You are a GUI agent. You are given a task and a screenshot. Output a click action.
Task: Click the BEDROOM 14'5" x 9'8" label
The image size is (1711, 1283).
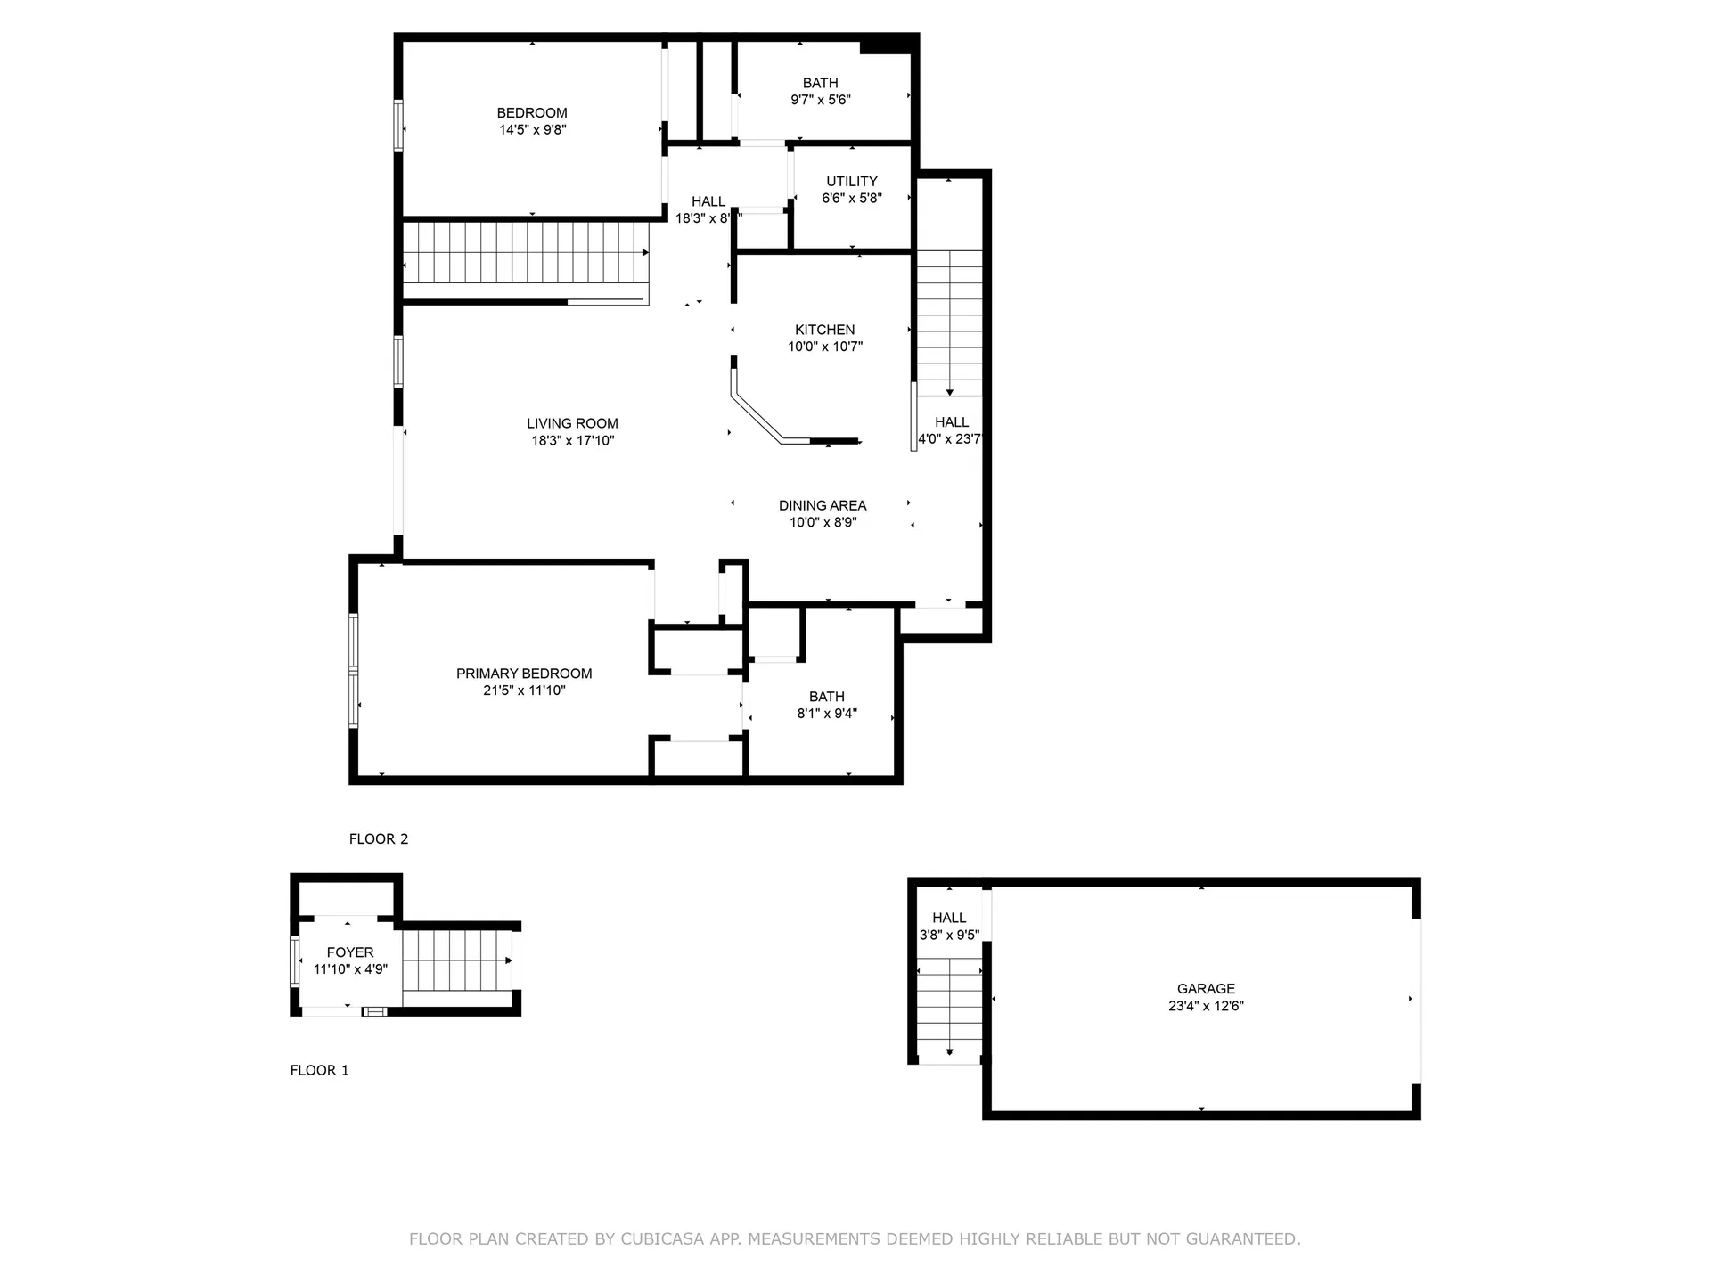tap(532, 121)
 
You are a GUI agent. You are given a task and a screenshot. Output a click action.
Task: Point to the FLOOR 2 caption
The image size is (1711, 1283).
tap(379, 839)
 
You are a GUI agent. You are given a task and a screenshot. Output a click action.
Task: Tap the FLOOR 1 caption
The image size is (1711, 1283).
tap(319, 1071)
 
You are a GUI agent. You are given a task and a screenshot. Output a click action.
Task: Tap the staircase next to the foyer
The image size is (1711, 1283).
tap(454, 960)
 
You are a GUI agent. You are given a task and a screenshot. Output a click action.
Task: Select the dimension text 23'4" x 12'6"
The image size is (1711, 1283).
tap(1206, 1007)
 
